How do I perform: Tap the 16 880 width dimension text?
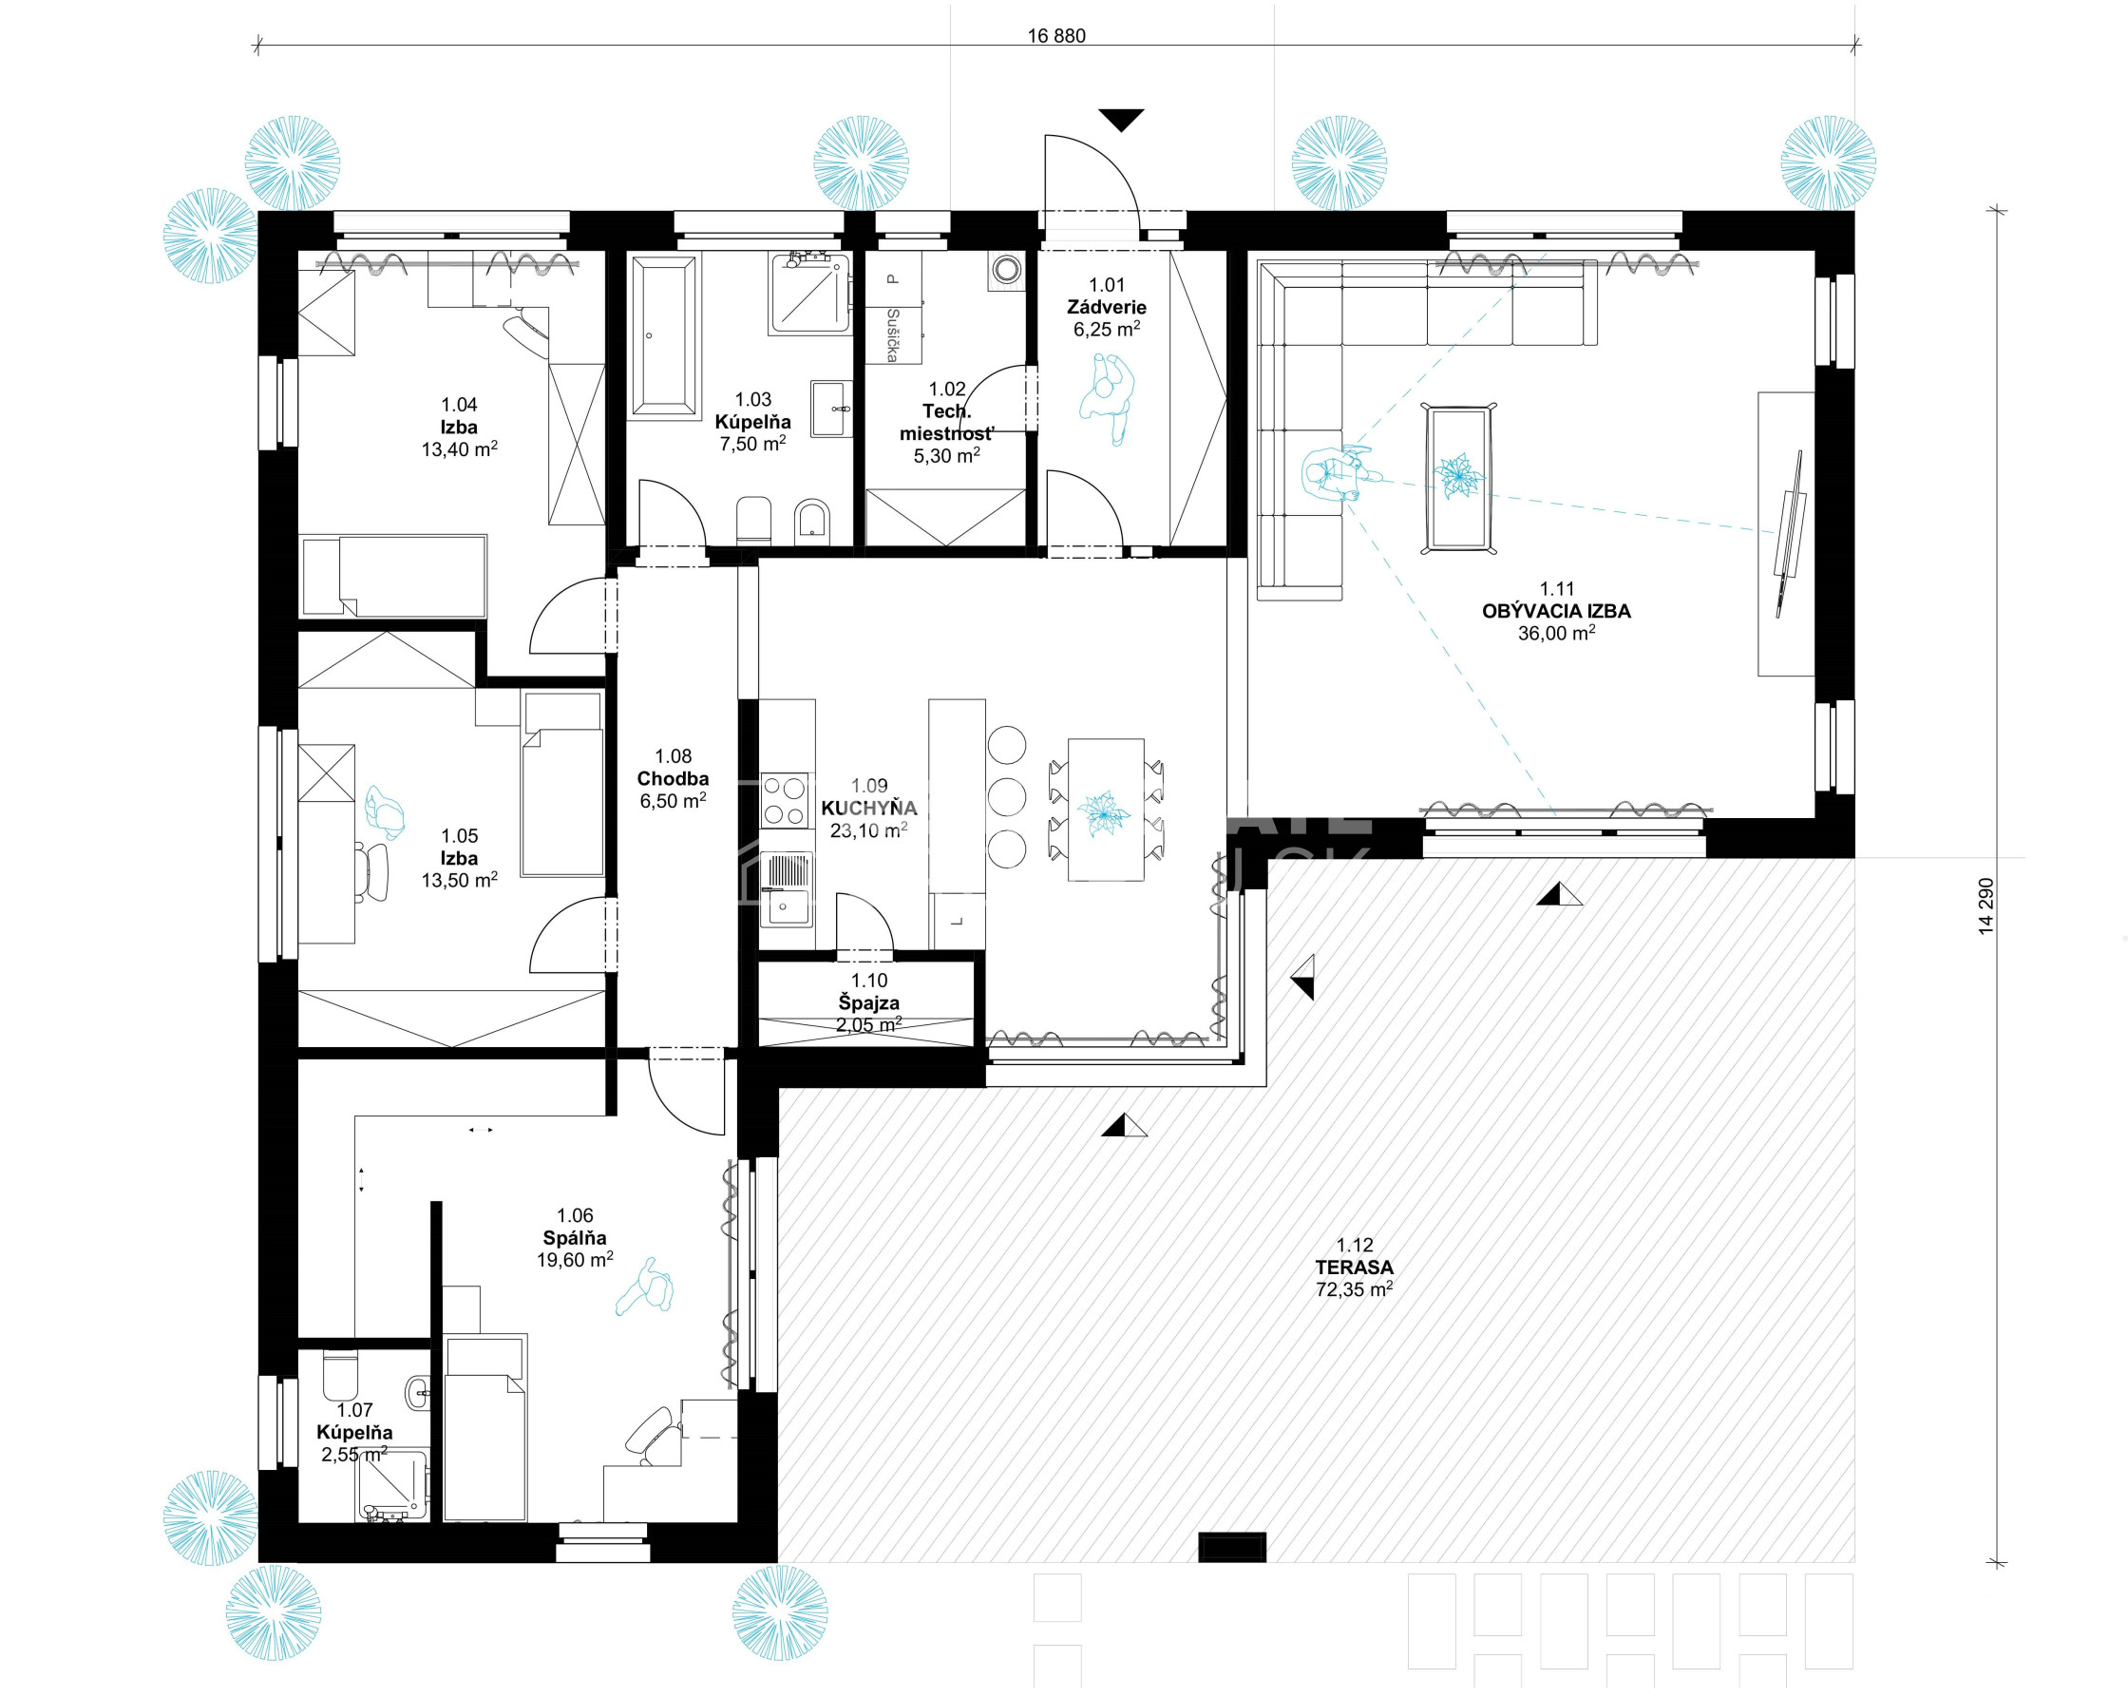(x=1056, y=36)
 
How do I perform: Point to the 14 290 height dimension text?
(x=1985, y=906)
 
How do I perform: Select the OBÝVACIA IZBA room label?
(x=1556, y=611)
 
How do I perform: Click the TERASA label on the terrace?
(x=1354, y=1268)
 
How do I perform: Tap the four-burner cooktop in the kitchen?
(x=785, y=801)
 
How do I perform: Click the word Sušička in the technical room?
(x=892, y=335)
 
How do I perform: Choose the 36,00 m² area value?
(x=1556, y=634)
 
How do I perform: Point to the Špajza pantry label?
(x=869, y=1003)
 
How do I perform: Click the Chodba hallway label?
(x=674, y=779)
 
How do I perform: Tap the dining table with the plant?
(x=1106, y=810)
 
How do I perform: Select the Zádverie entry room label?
(x=1107, y=307)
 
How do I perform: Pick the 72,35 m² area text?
(x=1354, y=1290)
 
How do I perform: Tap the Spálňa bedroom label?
(x=575, y=1238)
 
